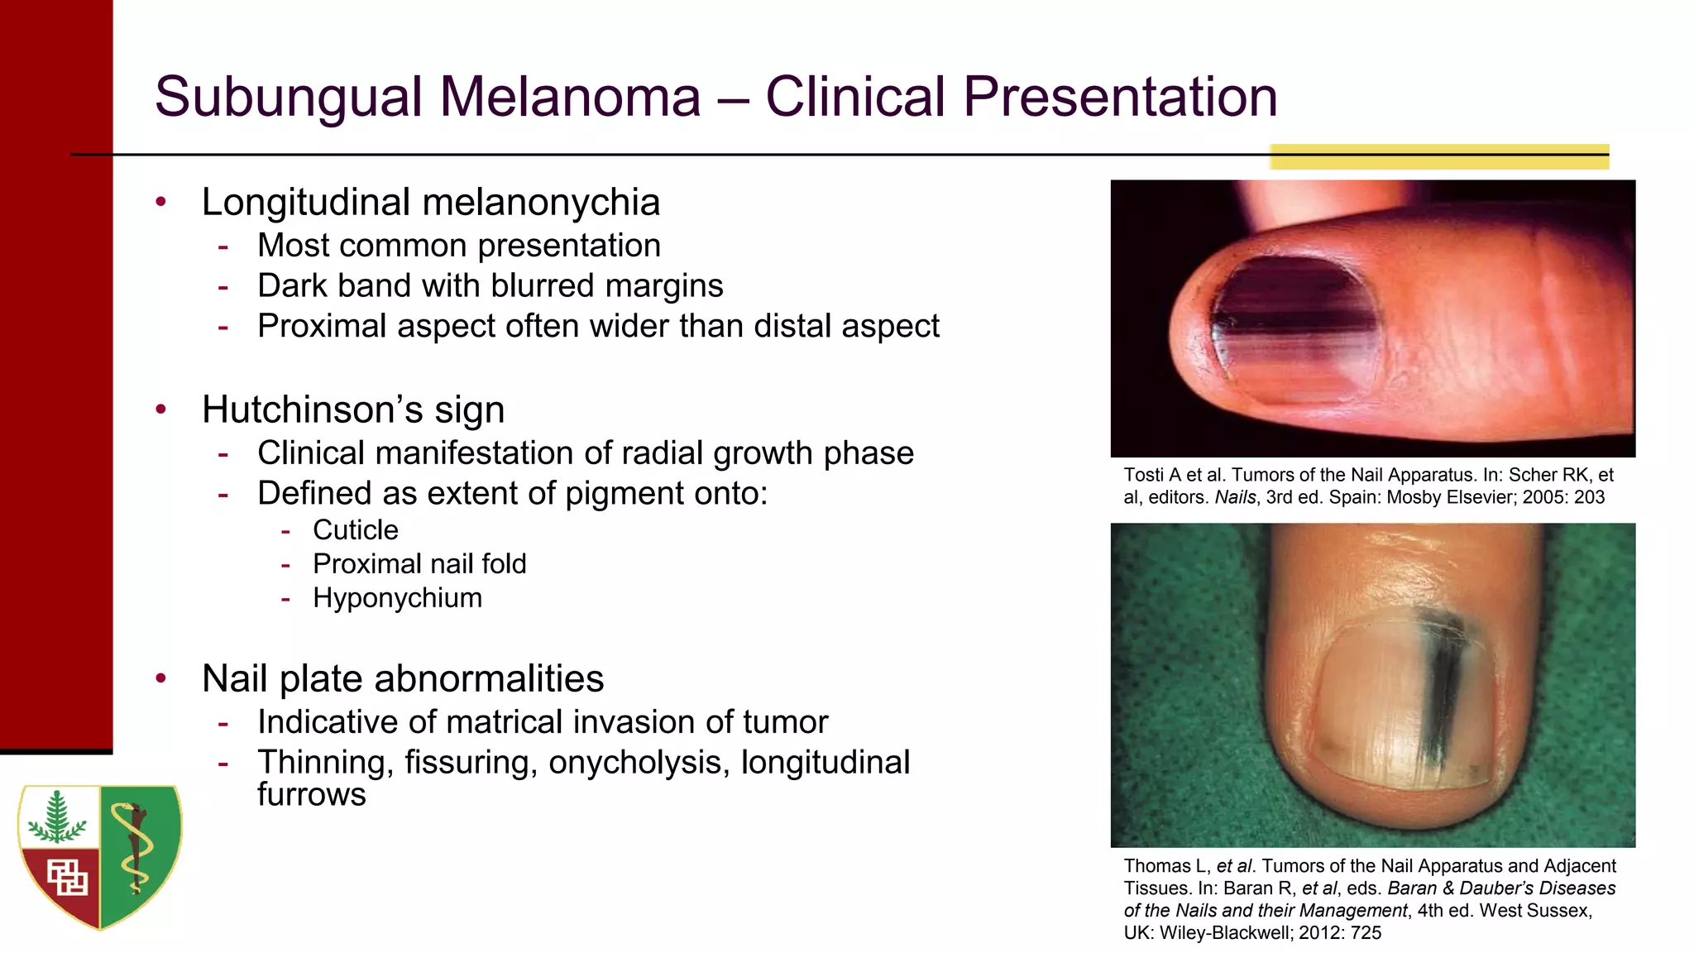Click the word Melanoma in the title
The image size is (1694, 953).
[570, 97]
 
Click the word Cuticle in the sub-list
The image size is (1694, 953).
[355, 530]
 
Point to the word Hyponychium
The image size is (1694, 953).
[397, 598]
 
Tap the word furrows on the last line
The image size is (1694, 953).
[311, 795]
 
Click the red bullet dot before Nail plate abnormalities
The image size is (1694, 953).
[161, 678]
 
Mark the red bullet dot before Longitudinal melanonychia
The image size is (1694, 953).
[161, 202]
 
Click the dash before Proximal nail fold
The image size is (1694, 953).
[285, 565]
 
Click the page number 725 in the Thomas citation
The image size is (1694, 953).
[1366, 933]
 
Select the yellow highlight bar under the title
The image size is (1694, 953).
[1439, 156]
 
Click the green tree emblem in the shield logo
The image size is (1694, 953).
[56, 819]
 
